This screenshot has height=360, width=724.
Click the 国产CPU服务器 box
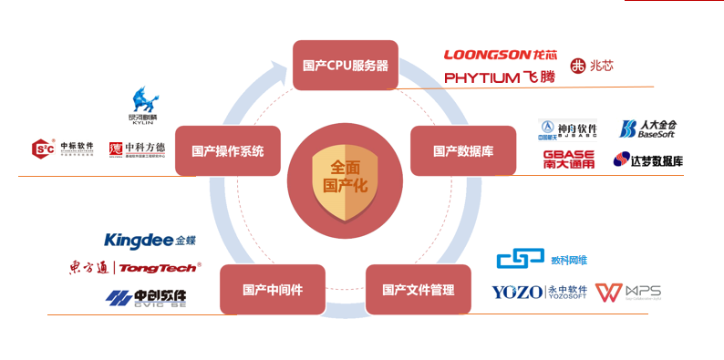[x=345, y=65]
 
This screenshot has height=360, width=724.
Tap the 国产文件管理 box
[x=418, y=290]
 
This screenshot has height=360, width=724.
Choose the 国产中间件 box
[x=273, y=290]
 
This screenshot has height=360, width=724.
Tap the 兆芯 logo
[x=594, y=66]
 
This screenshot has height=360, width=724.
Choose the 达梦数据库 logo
[x=648, y=160]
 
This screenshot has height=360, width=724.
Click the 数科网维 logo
[x=542, y=260]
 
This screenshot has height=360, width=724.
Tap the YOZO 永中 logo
[x=537, y=293]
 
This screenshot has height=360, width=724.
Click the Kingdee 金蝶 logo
[x=150, y=241]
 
